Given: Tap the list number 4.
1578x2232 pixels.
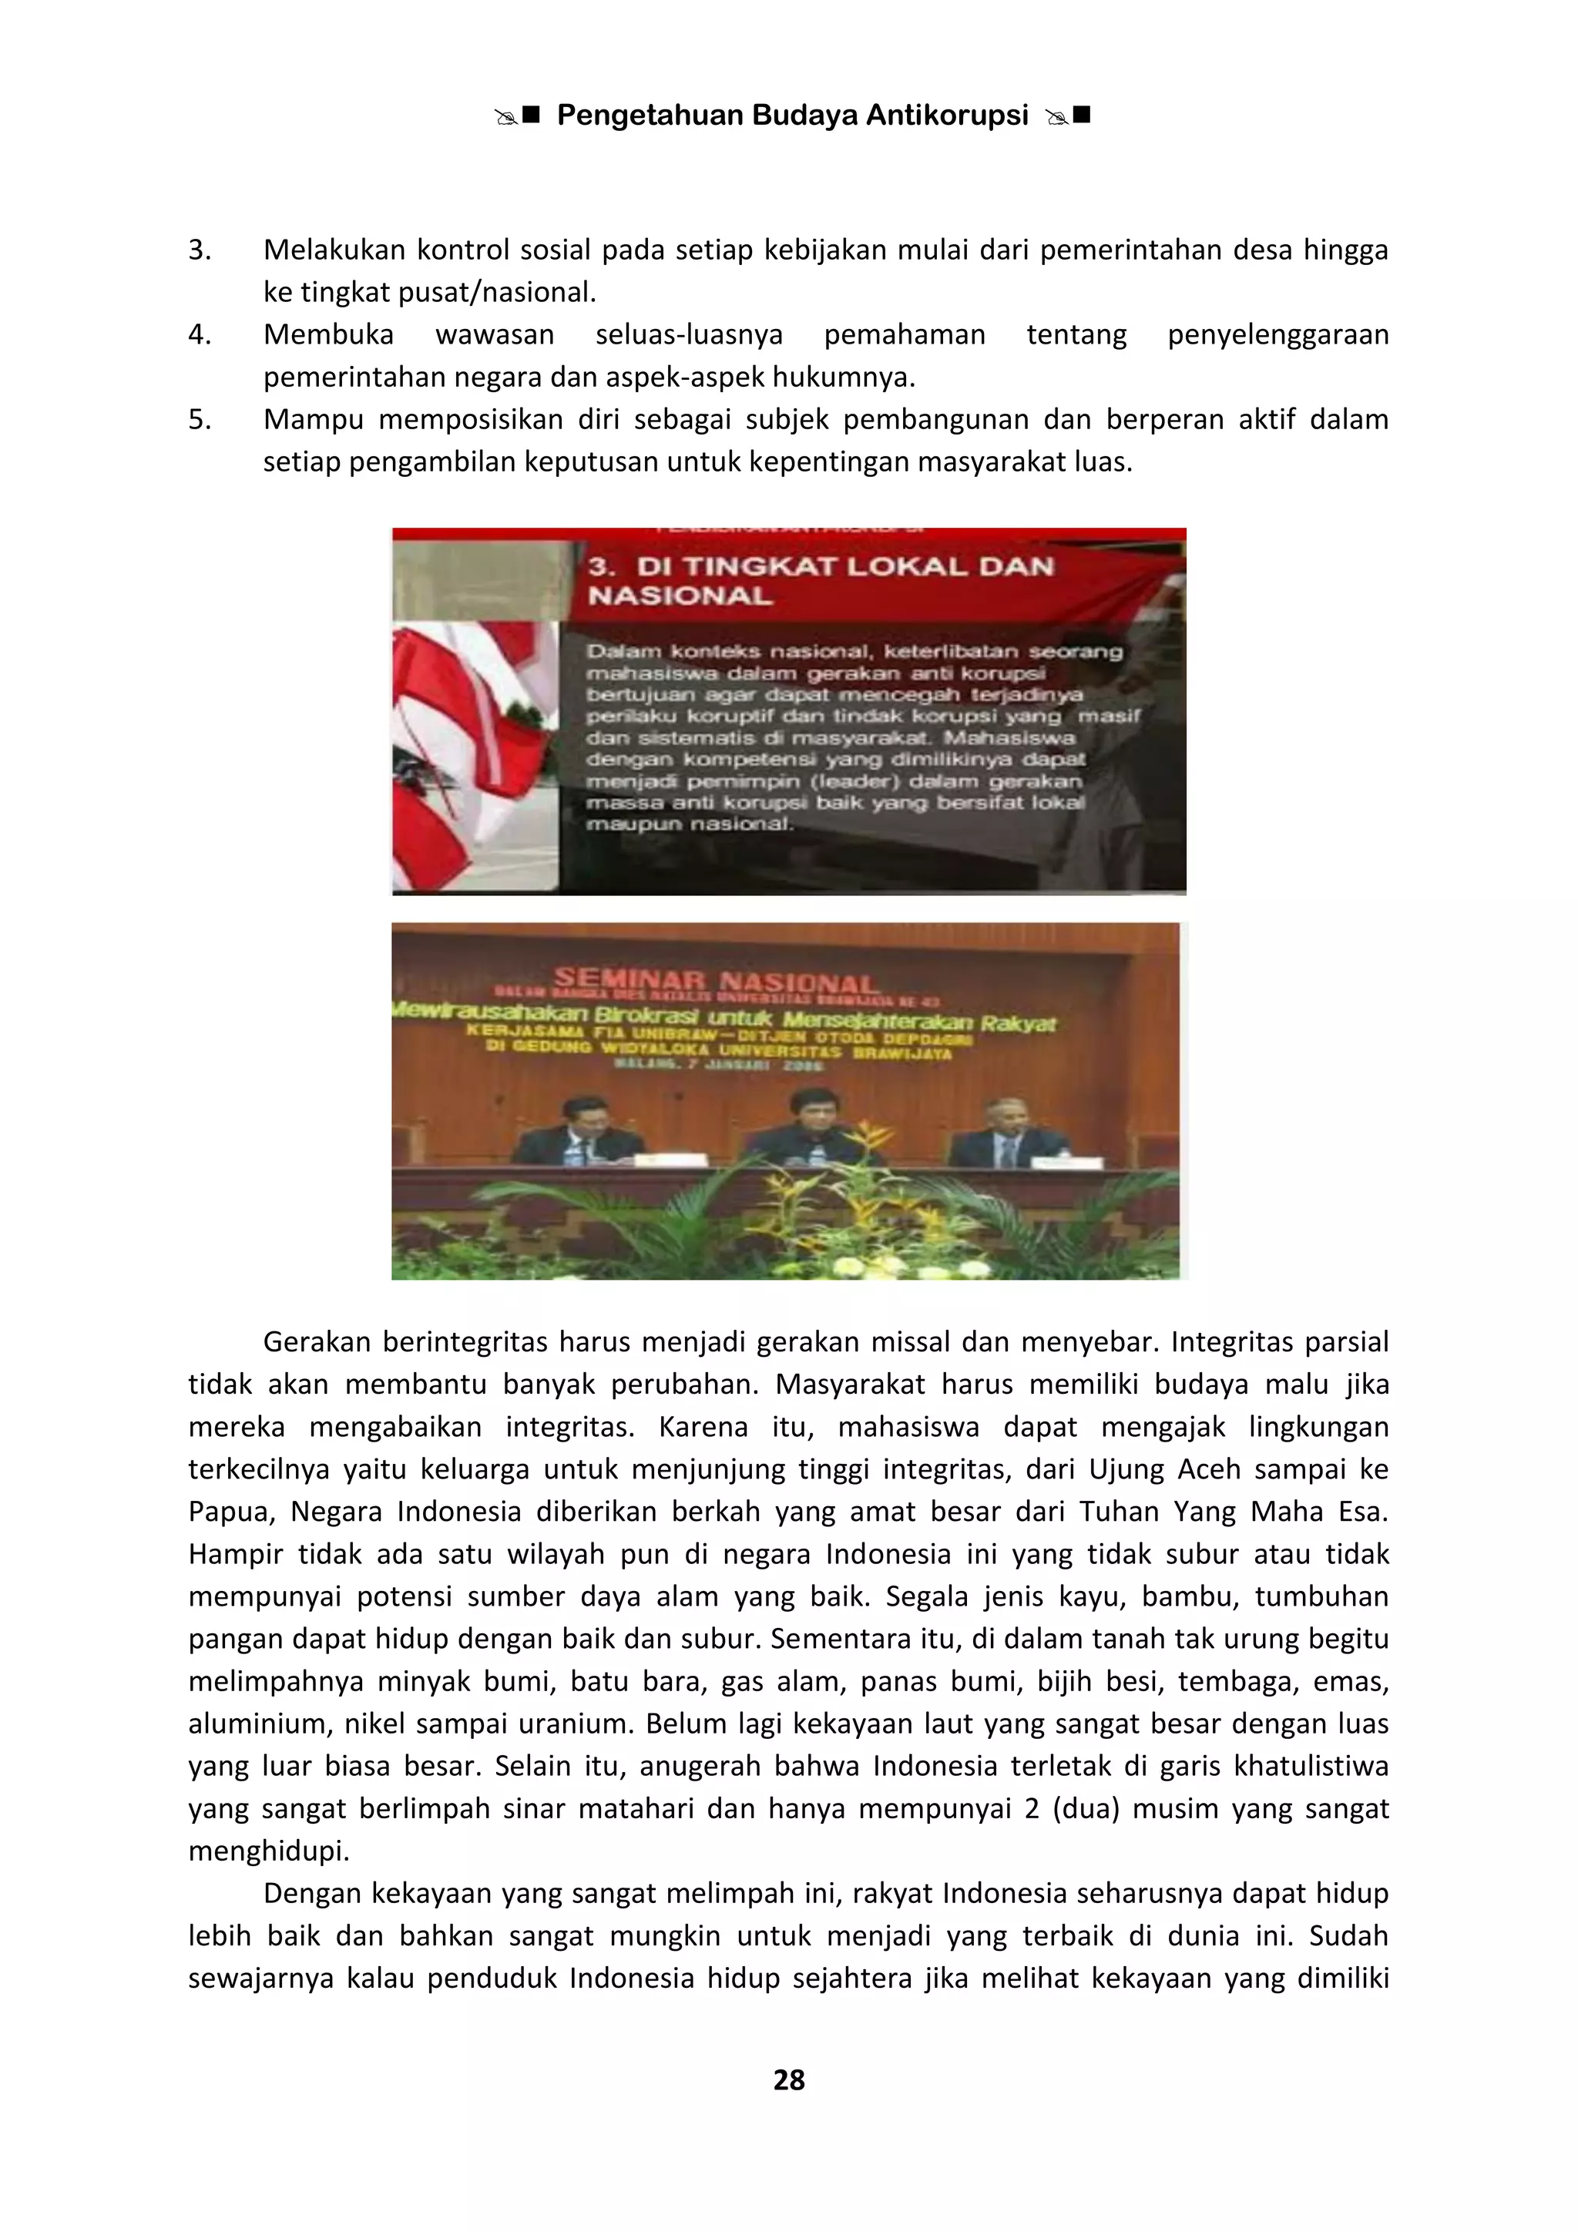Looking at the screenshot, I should [200, 334].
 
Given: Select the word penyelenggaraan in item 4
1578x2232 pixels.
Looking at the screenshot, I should [1278, 334].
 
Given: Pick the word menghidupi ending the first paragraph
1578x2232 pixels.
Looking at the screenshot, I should [268, 1851].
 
